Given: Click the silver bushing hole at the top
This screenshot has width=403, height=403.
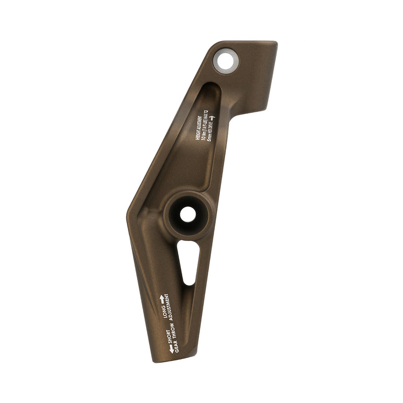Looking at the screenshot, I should click(226, 60).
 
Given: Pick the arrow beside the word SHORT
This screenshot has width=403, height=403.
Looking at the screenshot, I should click(171, 349).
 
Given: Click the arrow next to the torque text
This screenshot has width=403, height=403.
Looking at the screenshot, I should click(212, 118).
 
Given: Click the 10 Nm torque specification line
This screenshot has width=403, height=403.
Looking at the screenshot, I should click(204, 126).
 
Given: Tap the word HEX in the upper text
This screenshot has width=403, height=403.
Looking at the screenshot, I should click(209, 131).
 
